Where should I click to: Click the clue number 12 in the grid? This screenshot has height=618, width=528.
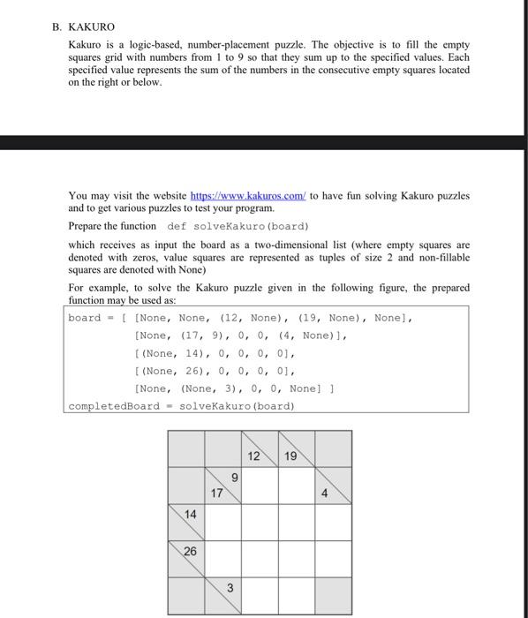click(x=255, y=456)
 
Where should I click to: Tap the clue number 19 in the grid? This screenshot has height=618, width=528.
click(x=292, y=456)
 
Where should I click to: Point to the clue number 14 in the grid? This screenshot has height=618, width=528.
click(x=191, y=514)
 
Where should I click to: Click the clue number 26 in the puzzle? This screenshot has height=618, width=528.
click(x=191, y=551)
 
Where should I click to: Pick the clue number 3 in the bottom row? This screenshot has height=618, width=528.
click(x=229, y=588)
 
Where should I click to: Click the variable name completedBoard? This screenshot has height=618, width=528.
click(x=114, y=405)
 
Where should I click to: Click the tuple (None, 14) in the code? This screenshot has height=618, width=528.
click(x=170, y=353)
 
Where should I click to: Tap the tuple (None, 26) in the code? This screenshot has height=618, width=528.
click(x=170, y=371)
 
